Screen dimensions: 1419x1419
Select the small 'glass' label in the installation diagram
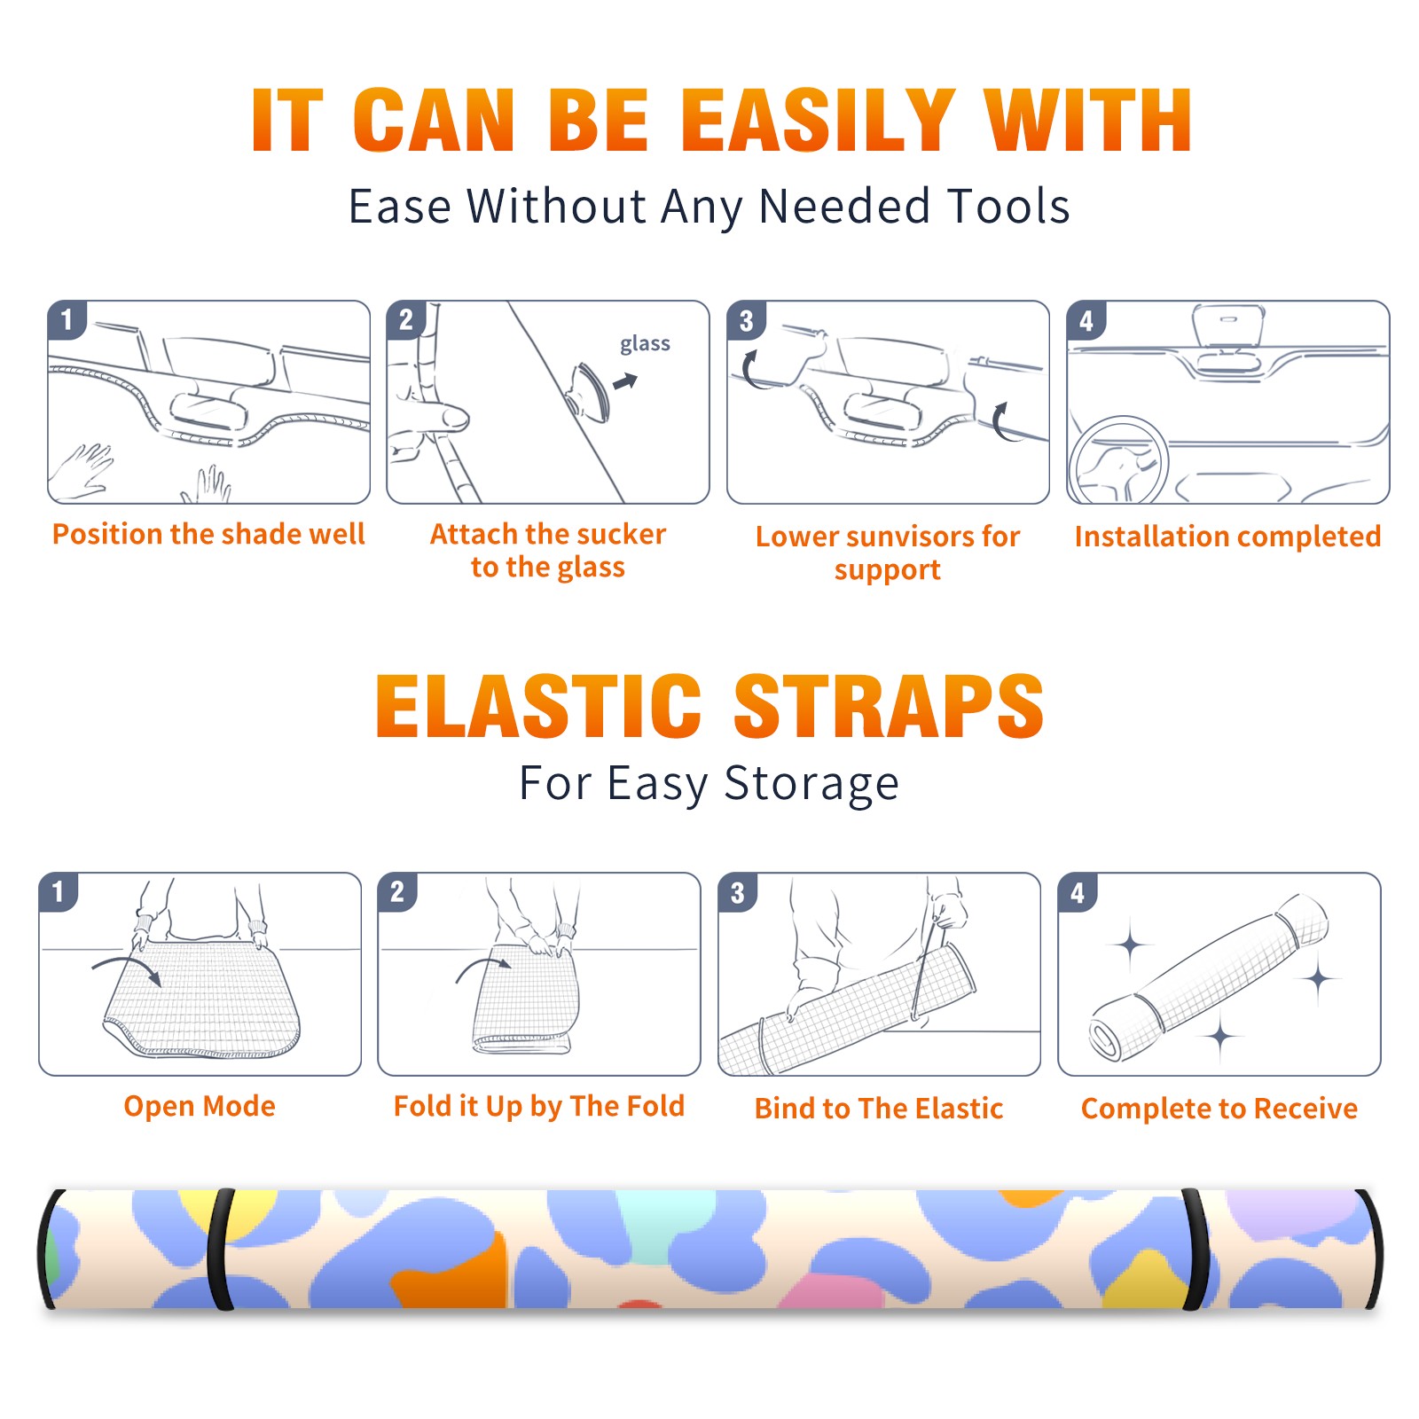[645, 344]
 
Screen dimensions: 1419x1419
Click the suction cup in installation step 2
[589, 392]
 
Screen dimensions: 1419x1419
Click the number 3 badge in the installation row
[747, 321]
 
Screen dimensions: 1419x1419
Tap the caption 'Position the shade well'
[208, 534]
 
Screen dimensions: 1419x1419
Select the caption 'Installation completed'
[1227, 537]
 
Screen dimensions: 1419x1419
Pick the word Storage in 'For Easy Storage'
[811, 784]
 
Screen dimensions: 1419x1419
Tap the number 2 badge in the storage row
[397, 891]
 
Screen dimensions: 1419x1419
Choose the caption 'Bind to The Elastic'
[878, 1109]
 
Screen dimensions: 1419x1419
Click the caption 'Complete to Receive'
[1219, 1109]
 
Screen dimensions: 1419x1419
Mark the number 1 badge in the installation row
[67, 320]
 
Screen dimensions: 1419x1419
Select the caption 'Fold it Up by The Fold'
[539, 1107]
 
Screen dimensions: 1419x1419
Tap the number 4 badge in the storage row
[1078, 892]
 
